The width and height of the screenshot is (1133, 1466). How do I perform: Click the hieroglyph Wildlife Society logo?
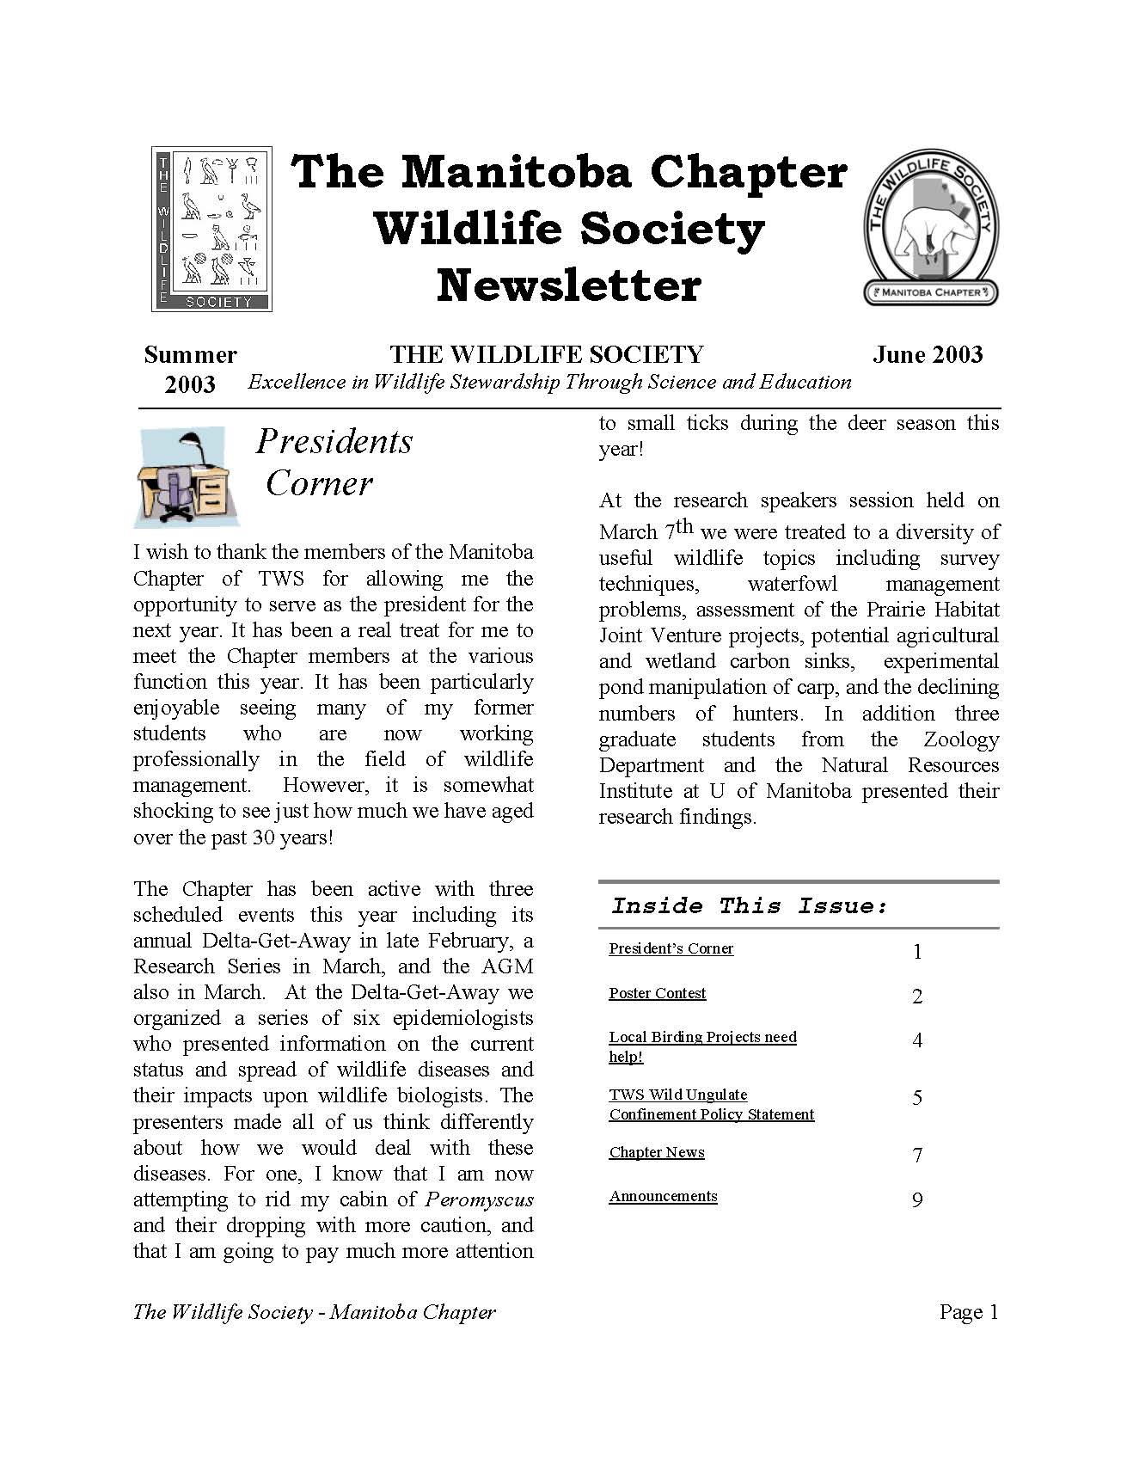[x=211, y=228]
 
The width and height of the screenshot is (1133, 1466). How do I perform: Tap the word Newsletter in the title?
[x=568, y=286]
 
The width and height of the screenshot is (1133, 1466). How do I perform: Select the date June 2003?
[x=927, y=355]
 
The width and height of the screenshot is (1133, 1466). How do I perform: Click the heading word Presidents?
[x=334, y=442]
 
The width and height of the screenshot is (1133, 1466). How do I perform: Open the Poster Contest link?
[x=657, y=993]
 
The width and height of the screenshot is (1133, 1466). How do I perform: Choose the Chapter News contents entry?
[x=656, y=1152]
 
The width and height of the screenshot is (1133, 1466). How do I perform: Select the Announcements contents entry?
[x=663, y=1196]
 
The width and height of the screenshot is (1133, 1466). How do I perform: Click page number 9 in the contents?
[x=917, y=1200]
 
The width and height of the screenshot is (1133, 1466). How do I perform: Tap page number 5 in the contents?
[x=917, y=1098]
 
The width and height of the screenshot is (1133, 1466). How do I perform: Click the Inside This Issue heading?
[x=749, y=906]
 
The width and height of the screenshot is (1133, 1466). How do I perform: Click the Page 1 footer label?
[x=968, y=1312]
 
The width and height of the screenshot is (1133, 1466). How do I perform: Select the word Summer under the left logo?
[x=190, y=355]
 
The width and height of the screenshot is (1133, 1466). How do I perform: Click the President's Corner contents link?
[x=671, y=948]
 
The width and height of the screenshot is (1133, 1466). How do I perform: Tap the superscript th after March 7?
[x=683, y=525]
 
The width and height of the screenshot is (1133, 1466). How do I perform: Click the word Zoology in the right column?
[x=961, y=739]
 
